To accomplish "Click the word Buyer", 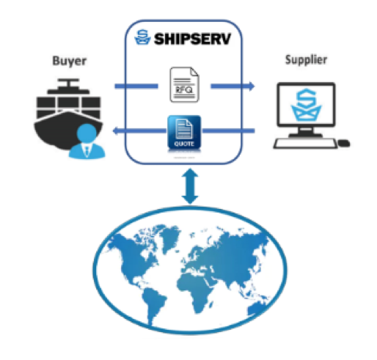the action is tap(70, 61).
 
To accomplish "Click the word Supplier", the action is tap(306, 60).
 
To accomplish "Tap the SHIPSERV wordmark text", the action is tap(192, 39).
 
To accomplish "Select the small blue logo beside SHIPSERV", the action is tap(142, 37).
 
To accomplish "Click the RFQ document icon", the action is tap(184, 84).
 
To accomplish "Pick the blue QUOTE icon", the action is tap(184, 132).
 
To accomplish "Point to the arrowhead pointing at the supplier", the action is tap(252, 87).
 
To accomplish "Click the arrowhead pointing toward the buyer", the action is tap(115, 131).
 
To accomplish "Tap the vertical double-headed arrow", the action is tap(190, 186).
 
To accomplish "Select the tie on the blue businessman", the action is tap(87, 150).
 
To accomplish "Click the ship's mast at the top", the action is tap(68, 84).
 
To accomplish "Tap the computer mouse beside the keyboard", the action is tap(344, 143).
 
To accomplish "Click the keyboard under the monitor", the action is tap(305, 144).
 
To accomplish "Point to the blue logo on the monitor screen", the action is tap(306, 105).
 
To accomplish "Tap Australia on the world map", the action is tap(257, 309).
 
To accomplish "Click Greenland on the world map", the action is tap(169, 238).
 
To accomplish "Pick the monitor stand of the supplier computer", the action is tap(306, 133).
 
